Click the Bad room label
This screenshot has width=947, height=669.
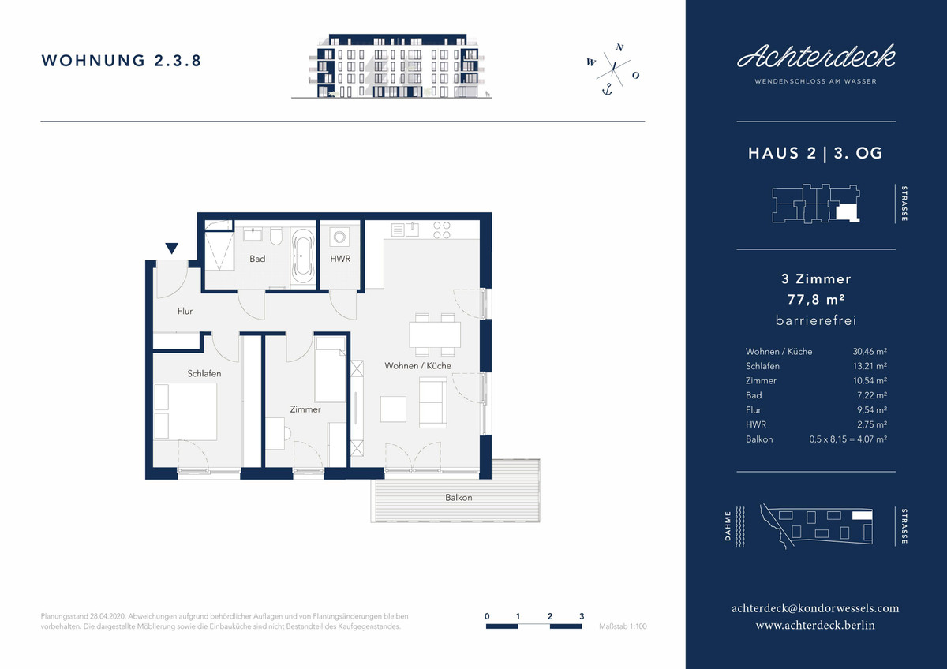click(x=257, y=259)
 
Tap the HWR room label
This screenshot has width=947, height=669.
click(x=340, y=259)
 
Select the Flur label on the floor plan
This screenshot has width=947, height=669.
click(x=185, y=311)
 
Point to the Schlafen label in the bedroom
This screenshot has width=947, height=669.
click(x=204, y=373)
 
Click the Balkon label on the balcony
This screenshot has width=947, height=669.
click(x=459, y=498)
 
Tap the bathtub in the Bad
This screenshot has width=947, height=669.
click(x=303, y=256)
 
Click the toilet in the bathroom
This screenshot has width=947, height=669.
click(x=275, y=236)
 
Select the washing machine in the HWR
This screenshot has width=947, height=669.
click(x=339, y=237)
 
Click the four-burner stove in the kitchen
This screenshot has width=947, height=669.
click(x=441, y=230)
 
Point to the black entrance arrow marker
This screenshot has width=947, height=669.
click(x=171, y=248)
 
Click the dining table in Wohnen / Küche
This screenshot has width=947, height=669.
click(x=435, y=334)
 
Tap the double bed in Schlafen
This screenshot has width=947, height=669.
click(x=185, y=412)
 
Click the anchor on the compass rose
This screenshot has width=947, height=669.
click(x=607, y=90)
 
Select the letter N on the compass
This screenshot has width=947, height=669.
click(x=619, y=48)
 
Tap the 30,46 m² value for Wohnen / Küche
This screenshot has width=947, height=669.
click(x=870, y=351)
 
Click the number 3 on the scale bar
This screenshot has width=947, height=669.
click(x=582, y=616)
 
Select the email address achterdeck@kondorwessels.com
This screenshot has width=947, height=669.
click(x=815, y=608)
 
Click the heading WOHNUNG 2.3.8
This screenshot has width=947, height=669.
click(x=121, y=61)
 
